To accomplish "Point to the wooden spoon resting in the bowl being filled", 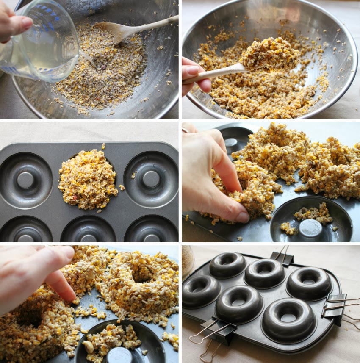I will pos(127,30).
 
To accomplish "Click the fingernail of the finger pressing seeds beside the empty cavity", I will pos(243,217).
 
